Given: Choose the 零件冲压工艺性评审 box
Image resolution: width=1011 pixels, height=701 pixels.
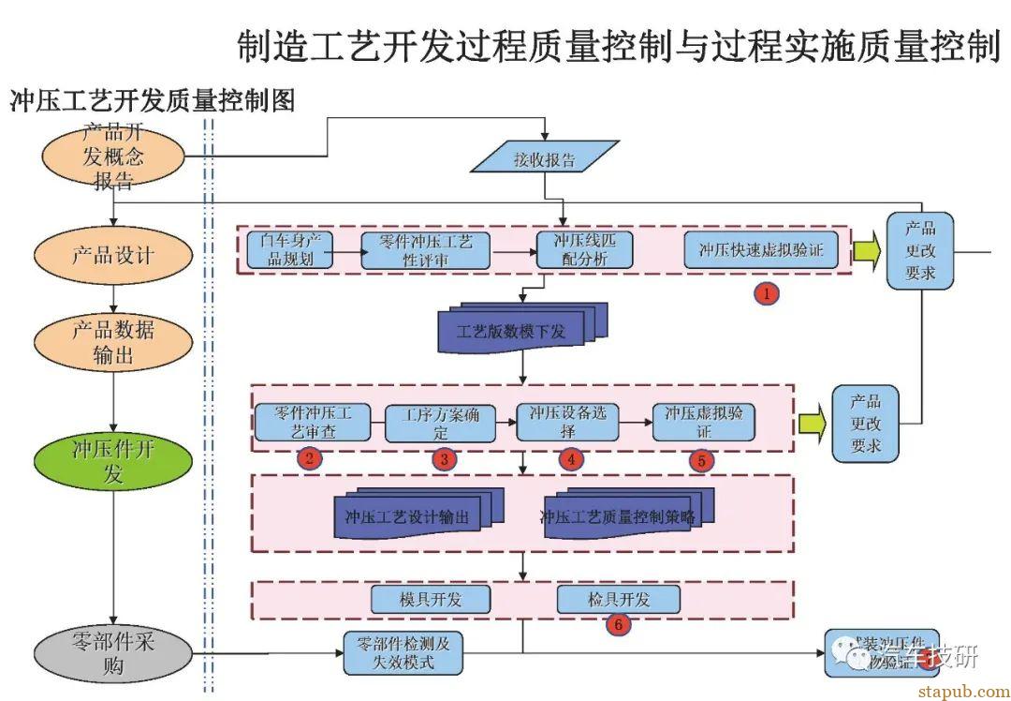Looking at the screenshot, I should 426,250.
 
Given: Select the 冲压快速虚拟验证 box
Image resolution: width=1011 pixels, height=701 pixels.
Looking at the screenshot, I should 760,250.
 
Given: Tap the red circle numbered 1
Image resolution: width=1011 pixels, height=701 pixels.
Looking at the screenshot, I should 767,293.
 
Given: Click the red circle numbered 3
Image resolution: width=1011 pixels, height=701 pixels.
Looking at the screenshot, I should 445,459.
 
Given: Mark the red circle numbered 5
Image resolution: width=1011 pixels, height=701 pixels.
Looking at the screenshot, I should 702,460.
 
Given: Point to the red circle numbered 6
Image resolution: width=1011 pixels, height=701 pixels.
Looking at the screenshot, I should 617,623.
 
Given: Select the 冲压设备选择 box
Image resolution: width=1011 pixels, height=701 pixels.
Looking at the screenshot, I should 567,423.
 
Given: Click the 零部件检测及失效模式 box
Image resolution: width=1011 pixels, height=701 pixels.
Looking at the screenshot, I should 403,652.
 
